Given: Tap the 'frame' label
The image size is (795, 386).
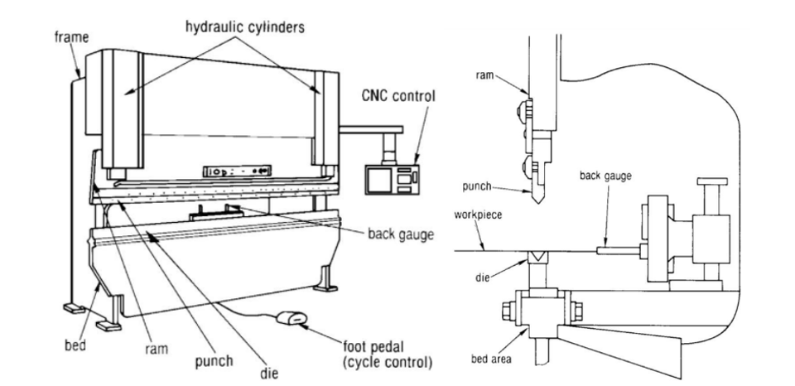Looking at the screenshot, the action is [71, 36].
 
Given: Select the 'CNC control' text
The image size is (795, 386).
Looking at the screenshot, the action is [398, 95].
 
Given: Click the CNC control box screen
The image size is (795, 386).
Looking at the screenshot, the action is [379, 179].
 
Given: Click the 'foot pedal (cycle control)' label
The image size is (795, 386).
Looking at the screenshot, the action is [388, 355].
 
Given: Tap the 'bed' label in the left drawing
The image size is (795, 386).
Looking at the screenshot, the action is [75, 345].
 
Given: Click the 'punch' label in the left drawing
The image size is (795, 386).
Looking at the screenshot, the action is [214, 361].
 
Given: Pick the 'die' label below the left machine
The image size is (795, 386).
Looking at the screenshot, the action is [268, 374].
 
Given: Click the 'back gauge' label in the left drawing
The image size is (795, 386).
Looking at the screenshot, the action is [401, 234].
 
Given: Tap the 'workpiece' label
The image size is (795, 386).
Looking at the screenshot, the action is [478, 215].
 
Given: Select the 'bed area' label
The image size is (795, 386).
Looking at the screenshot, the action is [491, 359].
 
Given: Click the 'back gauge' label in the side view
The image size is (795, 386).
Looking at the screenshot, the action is [605, 176].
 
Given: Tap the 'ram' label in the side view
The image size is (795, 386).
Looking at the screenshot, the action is [484, 75].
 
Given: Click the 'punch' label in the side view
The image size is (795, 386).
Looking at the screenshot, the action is [477, 186].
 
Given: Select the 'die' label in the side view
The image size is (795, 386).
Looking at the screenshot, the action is [482, 277].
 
